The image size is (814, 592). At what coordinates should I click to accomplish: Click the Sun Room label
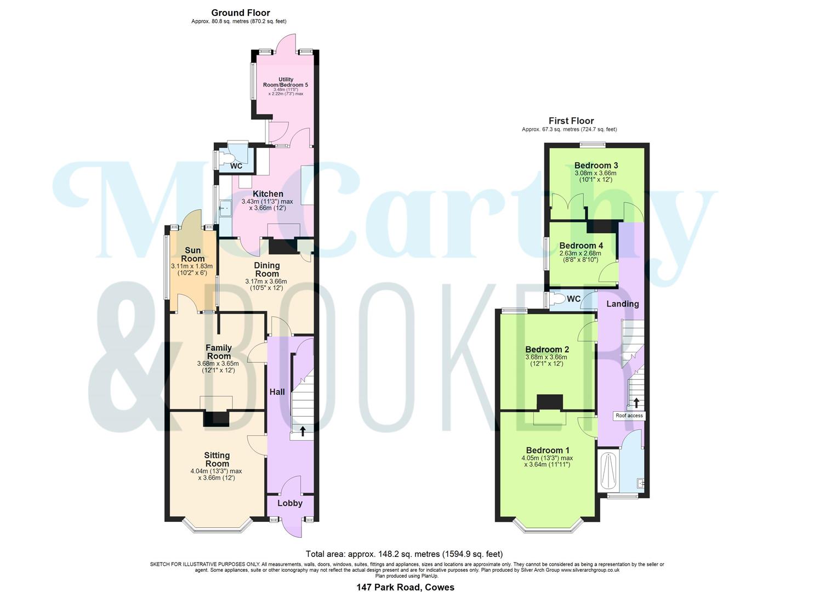pos(192,255)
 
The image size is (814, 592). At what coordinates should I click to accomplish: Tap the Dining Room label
pos(267,269)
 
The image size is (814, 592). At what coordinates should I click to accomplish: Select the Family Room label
pos(218,352)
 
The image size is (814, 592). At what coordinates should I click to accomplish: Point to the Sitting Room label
pos(217,459)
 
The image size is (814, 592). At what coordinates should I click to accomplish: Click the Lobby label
pos(289,503)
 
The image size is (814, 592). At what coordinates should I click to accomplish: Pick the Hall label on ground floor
pos(277,392)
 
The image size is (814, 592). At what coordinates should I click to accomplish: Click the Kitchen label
pos(268,194)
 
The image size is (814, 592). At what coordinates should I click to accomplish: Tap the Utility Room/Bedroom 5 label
pos(286,82)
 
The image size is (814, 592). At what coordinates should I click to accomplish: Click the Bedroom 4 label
pos(581,246)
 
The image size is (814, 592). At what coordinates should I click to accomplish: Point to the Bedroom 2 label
pos(547,350)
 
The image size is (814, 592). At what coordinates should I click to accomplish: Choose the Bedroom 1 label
pos(547,451)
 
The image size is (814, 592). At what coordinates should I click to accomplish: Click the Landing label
pos(622,304)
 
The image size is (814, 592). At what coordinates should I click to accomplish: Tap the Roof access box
pos(629,415)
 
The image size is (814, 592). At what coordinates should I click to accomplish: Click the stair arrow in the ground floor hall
pos(303,431)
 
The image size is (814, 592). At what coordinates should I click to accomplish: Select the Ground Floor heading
pos(241,13)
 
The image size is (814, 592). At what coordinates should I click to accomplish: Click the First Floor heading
pos(571,121)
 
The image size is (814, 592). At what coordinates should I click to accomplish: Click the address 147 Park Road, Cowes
pos(405,587)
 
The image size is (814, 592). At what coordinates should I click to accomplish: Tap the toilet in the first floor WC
pos(557,299)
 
